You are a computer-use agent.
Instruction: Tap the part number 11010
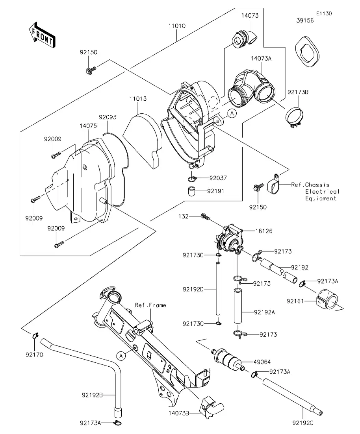coord(177,26)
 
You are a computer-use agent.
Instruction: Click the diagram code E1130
coord(323,13)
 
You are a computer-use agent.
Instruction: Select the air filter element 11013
coord(143,140)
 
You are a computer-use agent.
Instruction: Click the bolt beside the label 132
coord(205,216)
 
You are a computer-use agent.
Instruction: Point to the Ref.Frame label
coord(150,305)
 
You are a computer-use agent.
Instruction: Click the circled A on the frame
coord(121,355)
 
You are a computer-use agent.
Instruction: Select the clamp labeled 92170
coord(35,336)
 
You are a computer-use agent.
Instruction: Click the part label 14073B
coord(179,413)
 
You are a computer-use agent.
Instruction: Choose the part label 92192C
coord(303,423)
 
